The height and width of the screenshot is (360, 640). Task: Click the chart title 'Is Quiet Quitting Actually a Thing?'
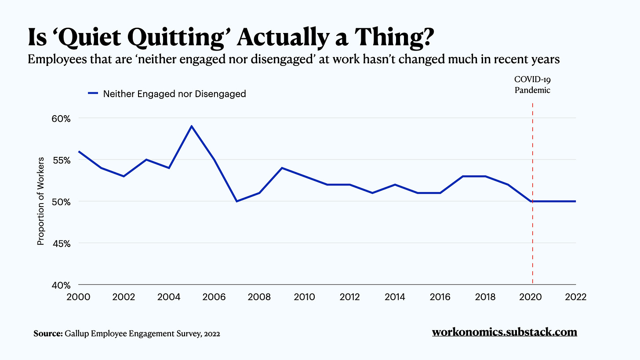(230, 37)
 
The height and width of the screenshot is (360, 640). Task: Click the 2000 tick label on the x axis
(78, 297)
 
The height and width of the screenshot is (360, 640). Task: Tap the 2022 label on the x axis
(575, 297)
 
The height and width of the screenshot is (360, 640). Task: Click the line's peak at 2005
(192, 126)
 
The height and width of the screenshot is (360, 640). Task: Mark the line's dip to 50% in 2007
(237, 201)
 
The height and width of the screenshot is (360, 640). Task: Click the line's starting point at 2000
(79, 151)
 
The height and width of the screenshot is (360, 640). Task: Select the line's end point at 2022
(575, 201)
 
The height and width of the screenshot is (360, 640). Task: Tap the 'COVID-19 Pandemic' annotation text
(532, 85)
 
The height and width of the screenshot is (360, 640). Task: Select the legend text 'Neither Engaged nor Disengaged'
(175, 94)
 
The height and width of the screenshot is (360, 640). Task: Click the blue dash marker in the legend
(93, 94)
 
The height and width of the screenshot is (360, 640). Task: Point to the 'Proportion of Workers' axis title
(40, 201)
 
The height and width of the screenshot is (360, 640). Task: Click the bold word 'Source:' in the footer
(48, 334)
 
